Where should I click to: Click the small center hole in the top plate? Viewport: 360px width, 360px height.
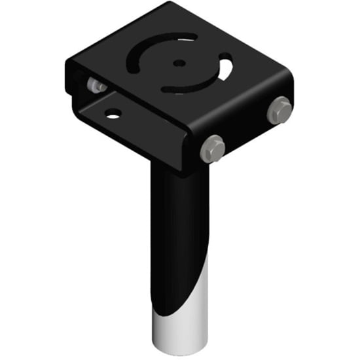tap(179, 63)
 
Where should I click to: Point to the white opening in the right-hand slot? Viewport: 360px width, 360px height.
tap(226, 69)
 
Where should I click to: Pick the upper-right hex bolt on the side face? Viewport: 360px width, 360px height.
tap(279, 109)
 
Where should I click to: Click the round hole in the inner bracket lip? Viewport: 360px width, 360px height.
tap(113, 114)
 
